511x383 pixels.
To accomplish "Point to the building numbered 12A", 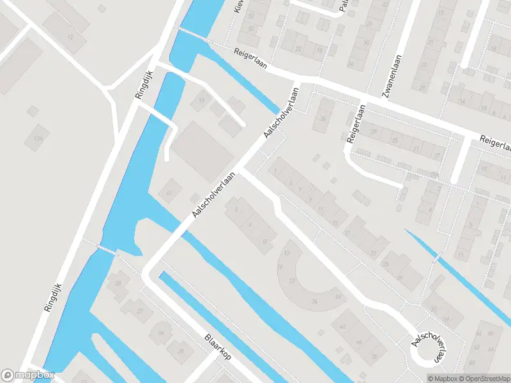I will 38,138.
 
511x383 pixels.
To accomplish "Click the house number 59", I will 202,100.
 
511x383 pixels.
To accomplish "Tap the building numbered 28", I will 118,283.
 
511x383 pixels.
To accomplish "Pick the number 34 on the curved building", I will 314,301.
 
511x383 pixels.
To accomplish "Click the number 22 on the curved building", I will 292,282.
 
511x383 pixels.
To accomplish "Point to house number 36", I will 323,119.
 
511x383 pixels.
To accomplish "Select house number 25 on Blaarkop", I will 181,350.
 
